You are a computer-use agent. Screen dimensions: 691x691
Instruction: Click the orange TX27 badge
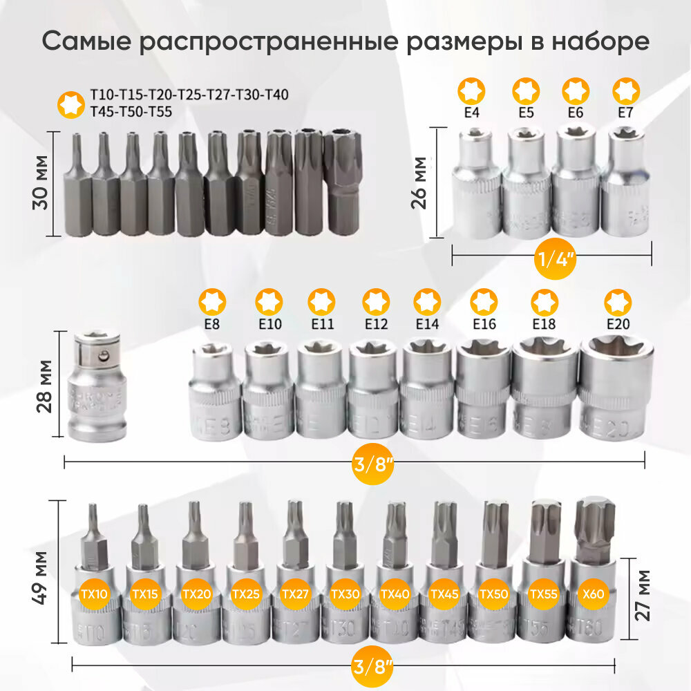point(295,593)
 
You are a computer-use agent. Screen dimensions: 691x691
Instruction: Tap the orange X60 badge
point(593,593)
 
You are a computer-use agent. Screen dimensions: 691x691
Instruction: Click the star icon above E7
point(627,91)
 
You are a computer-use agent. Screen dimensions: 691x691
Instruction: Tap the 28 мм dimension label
point(45,386)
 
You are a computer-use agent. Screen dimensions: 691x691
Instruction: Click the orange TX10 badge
point(94,593)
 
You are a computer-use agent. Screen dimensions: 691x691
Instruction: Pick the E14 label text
point(426,323)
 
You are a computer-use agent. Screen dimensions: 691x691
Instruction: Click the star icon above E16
point(483,302)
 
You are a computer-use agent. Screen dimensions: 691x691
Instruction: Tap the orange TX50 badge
point(493,593)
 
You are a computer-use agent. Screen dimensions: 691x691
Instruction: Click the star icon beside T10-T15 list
point(69,103)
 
